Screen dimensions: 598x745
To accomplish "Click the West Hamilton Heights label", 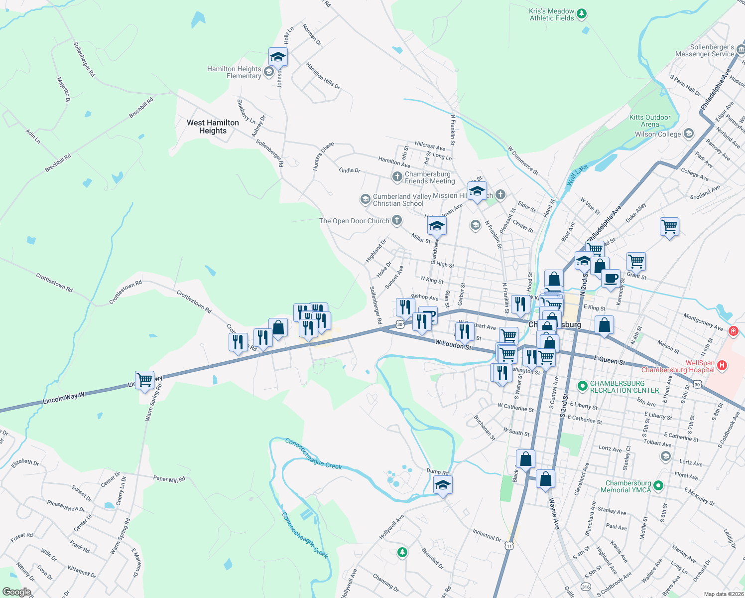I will point(213,127).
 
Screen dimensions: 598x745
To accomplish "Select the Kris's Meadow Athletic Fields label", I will point(551,14).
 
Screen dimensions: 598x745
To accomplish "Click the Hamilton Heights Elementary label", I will point(234,72).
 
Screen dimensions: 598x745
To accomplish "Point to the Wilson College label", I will point(657,134).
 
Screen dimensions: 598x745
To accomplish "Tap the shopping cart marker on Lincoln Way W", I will point(144,380).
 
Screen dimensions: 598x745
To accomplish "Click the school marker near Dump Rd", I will point(443,485).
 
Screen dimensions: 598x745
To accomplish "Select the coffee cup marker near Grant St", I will point(611,279).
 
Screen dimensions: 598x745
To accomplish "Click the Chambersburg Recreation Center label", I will point(624,387).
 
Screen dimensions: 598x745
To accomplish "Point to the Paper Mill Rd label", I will point(169,479).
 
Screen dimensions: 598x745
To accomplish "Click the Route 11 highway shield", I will point(509,546).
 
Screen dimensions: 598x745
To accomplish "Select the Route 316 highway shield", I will point(586,587).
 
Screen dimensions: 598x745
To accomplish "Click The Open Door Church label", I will point(354,221).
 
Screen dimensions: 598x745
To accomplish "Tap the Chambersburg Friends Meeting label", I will point(427,177).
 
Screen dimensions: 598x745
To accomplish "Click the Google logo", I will point(17,592).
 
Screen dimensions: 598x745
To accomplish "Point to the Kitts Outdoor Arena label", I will point(650,121).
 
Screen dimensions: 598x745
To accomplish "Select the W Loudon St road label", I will point(453,344).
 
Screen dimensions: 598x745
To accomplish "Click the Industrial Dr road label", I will point(487,535).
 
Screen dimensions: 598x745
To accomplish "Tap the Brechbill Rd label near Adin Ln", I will point(58,163).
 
